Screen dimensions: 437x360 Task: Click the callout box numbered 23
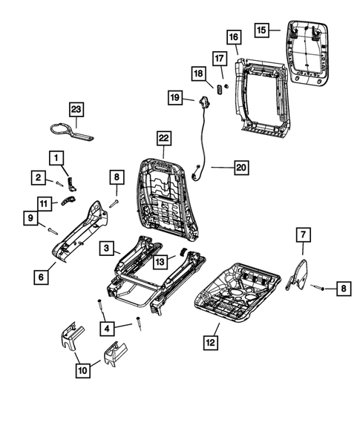pyautogui.click(x=76, y=108)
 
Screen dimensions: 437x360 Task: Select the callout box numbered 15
pyautogui.click(x=262, y=30)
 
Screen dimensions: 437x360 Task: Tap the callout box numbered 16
pyautogui.click(x=233, y=37)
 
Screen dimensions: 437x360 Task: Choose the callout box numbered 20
pyautogui.click(x=240, y=168)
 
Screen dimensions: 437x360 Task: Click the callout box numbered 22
pyautogui.click(x=163, y=138)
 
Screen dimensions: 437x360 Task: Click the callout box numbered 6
pyautogui.click(x=41, y=277)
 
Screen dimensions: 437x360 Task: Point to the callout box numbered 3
pyautogui.click(x=108, y=249)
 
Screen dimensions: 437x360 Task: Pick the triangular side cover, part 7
pyautogui.click(x=298, y=272)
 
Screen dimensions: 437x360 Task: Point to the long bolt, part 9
pyautogui.click(x=50, y=231)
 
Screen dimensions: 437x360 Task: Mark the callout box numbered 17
pyautogui.click(x=219, y=57)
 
